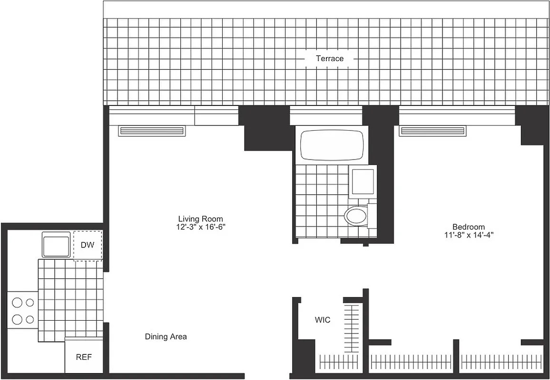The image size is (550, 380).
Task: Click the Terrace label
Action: [330, 58]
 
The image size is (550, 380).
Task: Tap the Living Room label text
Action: [200, 219]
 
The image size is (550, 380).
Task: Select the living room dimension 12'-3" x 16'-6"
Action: [200, 227]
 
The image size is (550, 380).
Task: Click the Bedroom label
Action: [469, 227]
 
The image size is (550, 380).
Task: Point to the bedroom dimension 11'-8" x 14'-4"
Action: [469, 235]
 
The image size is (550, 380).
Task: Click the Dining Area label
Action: [166, 337]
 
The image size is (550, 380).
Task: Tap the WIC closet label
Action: [322, 320]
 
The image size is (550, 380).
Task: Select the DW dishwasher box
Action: [87, 246]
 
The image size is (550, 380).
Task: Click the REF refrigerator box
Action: [84, 357]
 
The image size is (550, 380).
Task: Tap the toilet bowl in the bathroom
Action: [356, 217]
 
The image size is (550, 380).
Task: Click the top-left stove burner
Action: [18, 302]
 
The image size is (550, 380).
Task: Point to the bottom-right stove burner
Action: [30, 319]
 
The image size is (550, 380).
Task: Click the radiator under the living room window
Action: [152, 131]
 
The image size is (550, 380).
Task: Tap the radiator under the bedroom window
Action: [432, 131]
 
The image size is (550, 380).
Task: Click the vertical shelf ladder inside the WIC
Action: [353, 323]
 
